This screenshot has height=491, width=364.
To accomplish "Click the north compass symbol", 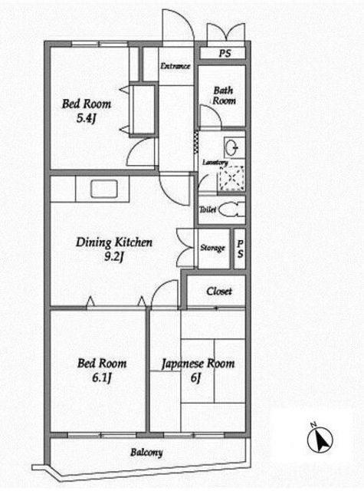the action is tap(320, 438).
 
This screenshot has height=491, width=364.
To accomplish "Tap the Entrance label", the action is tap(175, 66).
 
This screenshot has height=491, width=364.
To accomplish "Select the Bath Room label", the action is tap(224, 95).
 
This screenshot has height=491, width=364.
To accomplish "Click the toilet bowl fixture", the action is tap(231, 209).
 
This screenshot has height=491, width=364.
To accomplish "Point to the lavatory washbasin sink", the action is tap(232, 147).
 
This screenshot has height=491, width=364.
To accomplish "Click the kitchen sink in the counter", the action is tap(104, 189).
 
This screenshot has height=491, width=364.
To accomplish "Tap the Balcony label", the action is tap(146, 452).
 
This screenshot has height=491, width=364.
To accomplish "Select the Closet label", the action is tap(219, 292).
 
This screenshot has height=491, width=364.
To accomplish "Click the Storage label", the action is tap(212, 248).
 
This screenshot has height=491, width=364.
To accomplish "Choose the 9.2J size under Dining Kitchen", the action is tap(114, 257).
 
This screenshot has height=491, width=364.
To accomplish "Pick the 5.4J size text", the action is tap(86, 118).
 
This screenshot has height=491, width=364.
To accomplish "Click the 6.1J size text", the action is tap(102, 378).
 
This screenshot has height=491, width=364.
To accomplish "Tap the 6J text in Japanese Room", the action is tap(195, 378).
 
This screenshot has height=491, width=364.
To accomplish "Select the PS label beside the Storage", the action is tap(240, 249).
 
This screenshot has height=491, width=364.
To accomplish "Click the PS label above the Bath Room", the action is tap(225, 53).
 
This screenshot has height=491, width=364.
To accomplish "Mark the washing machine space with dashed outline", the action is tap(231, 178).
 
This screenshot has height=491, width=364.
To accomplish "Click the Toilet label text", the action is tap(208, 209).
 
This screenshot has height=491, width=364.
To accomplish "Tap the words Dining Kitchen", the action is tap(114, 242).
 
